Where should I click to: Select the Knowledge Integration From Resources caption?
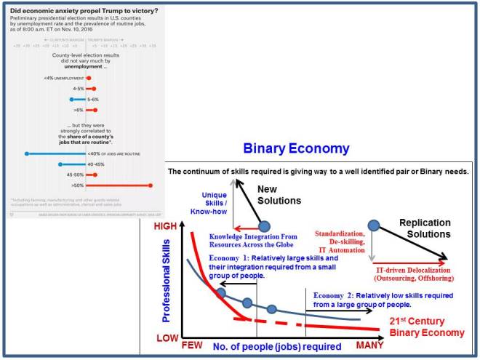(x=255, y=241)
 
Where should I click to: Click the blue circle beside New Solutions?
(x=263, y=225)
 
